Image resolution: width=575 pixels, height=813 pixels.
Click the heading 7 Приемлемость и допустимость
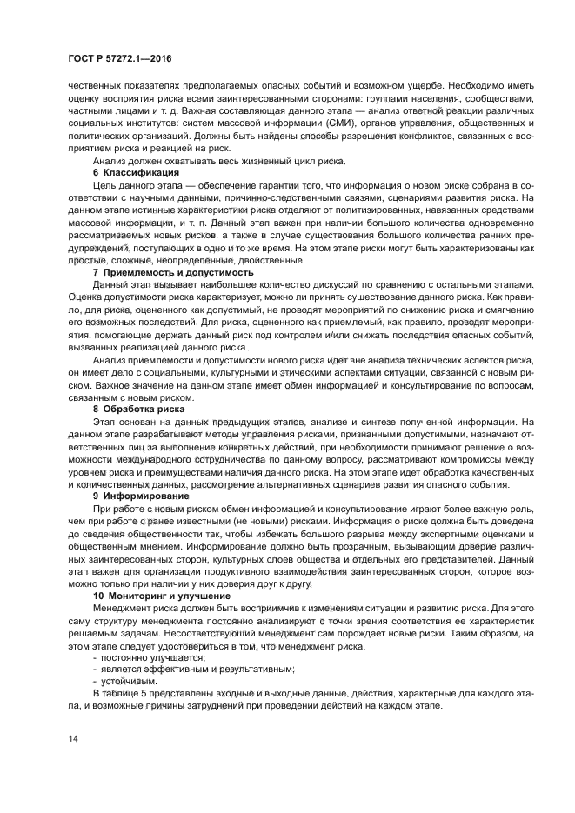tap(173, 272)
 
